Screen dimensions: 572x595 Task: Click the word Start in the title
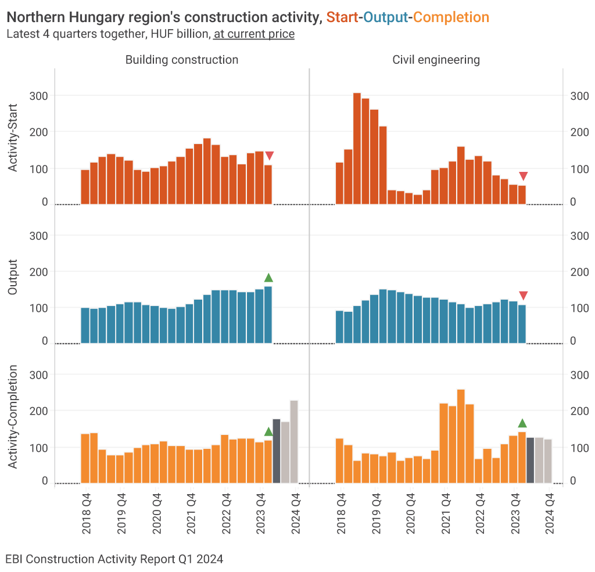342,17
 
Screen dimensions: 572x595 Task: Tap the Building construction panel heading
181,59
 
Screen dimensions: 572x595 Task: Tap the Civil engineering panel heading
436,59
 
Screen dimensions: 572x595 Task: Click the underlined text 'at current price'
254,34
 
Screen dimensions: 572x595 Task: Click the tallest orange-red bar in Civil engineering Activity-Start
357,148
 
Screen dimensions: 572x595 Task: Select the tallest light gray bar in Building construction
294,441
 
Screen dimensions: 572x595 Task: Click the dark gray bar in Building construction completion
277,451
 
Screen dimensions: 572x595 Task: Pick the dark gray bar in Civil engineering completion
530,460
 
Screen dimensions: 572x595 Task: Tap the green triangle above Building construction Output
268,278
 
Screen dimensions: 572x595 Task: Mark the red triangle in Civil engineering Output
523,296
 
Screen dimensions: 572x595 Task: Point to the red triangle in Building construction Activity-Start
269,156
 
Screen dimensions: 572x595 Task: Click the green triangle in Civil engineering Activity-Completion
522,423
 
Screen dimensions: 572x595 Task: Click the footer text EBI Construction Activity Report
114,559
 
